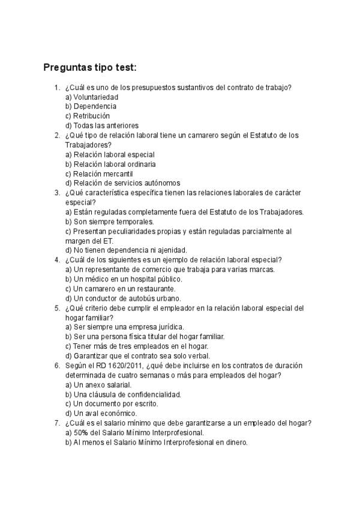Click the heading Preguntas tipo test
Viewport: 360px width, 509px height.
(90, 67)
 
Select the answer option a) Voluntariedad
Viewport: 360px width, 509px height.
(92, 97)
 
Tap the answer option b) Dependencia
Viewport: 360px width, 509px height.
(91, 106)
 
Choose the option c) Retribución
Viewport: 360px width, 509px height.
(88, 116)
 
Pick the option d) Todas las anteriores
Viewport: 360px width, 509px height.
(101, 125)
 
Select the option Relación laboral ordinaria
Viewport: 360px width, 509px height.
(115, 164)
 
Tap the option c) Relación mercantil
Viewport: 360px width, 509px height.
(99, 173)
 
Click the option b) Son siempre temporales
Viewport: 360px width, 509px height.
(109, 221)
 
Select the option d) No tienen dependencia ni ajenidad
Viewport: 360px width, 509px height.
(126, 250)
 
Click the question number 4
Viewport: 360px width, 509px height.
(56, 260)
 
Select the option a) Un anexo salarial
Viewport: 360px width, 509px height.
(98, 385)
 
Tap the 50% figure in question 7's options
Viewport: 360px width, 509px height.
(81, 433)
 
